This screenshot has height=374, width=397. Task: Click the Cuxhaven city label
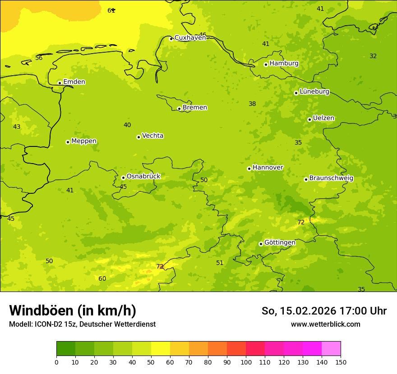pyautogui.click(x=190, y=38)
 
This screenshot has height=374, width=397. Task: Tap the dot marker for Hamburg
pyautogui.click(x=266, y=64)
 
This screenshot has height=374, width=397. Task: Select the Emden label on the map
pyautogui.click(x=74, y=82)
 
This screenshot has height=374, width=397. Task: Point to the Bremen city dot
pyautogui.click(x=179, y=109)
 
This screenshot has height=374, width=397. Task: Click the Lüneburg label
pyautogui.click(x=314, y=91)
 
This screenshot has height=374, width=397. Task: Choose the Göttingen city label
pyautogui.click(x=280, y=242)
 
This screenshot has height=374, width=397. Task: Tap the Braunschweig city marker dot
pyautogui.click(x=306, y=179)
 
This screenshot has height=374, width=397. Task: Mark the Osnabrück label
pyautogui.click(x=143, y=176)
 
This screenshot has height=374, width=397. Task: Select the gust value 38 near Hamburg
pyautogui.click(x=252, y=104)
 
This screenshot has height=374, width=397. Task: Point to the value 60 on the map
pyautogui.click(x=102, y=278)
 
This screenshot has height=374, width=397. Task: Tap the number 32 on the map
pyautogui.click(x=373, y=56)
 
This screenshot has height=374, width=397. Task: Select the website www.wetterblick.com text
pyautogui.click(x=325, y=324)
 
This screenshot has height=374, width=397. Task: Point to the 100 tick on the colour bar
pyautogui.click(x=246, y=362)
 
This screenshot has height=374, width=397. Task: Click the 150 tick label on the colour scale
pyautogui.click(x=341, y=362)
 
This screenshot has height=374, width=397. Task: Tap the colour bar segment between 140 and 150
pyautogui.click(x=331, y=349)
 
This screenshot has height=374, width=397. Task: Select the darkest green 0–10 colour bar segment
pyautogui.click(x=66, y=349)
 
